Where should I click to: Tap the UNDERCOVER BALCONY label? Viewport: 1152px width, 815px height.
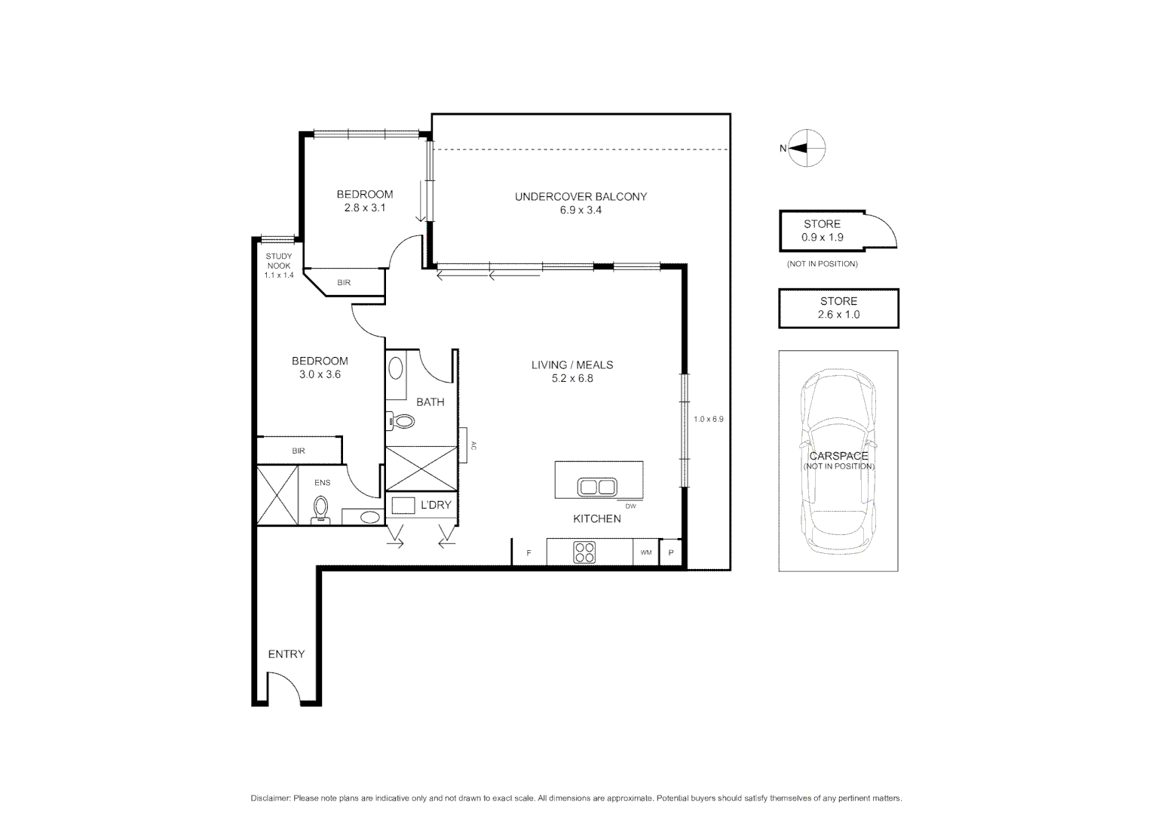pyautogui.click(x=581, y=197)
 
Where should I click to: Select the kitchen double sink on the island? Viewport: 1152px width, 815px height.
pyautogui.click(x=597, y=487)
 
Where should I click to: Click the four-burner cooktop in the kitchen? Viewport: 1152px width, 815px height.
pyautogui.click(x=584, y=552)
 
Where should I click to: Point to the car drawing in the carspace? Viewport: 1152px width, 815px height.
pyautogui.click(x=838, y=460)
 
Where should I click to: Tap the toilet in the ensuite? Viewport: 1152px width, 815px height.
pyautogui.click(x=321, y=509)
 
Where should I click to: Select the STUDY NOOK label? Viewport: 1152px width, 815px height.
pyautogui.click(x=278, y=261)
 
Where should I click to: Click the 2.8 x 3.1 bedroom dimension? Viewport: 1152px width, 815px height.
pyautogui.click(x=365, y=208)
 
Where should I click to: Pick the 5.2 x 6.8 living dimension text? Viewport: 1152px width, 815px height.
pyautogui.click(x=572, y=379)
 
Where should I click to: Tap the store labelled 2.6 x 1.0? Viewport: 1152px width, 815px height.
pyautogui.click(x=838, y=308)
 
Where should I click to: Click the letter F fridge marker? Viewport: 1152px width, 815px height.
pyautogui.click(x=529, y=553)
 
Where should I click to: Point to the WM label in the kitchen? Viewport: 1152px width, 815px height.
pyautogui.click(x=646, y=553)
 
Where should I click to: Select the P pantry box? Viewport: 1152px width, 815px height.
pyautogui.click(x=670, y=552)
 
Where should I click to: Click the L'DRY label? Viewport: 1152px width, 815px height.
pyautogui.click(x=435, y=505)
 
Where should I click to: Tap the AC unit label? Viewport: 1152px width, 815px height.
pyautogui.click(x=473, y=445)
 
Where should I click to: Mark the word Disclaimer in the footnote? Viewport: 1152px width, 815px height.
pyautogui.click(x=271, y=798)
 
